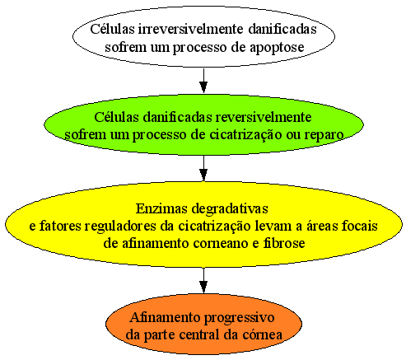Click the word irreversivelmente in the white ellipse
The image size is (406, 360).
click(190, 29)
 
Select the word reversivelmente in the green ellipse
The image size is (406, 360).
click(264, 117)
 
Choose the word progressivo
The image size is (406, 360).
click(239, 319)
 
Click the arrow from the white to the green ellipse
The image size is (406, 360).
click(203, 81)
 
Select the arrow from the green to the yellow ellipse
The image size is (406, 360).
click(203, 168)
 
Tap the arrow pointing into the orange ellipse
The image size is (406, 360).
click(203, 280)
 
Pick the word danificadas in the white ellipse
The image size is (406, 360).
click(282, 29)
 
